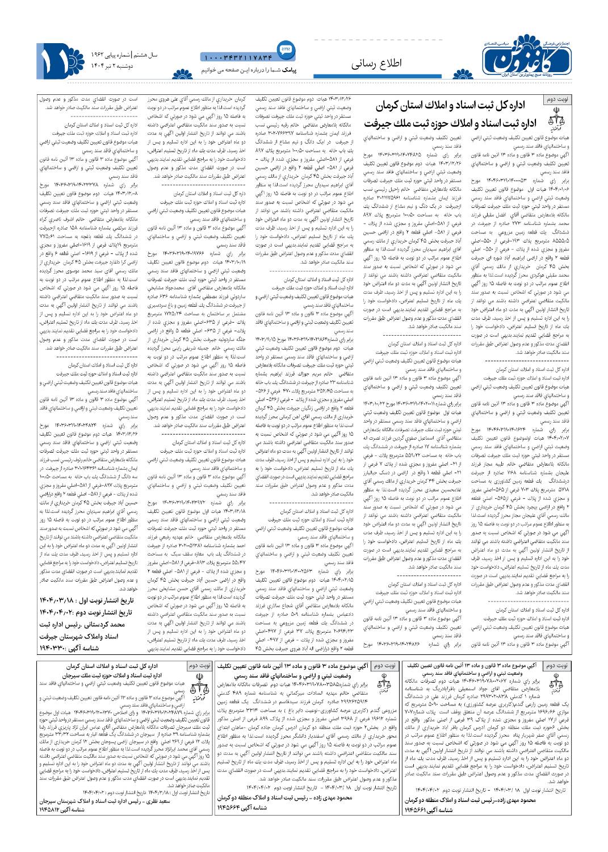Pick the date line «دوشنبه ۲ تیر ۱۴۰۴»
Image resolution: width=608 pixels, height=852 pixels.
pos(124,66)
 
